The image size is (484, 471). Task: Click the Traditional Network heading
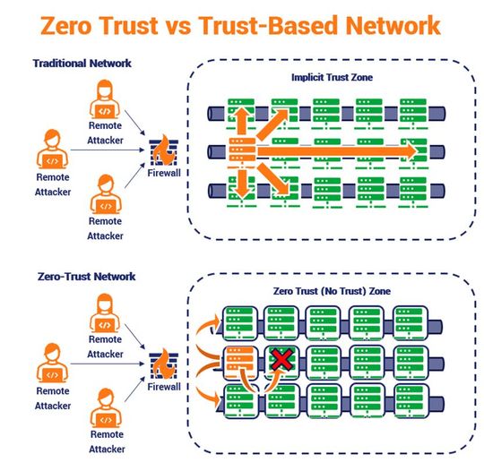click(82, 64)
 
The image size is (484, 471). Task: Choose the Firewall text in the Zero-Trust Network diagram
click(165, 387)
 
